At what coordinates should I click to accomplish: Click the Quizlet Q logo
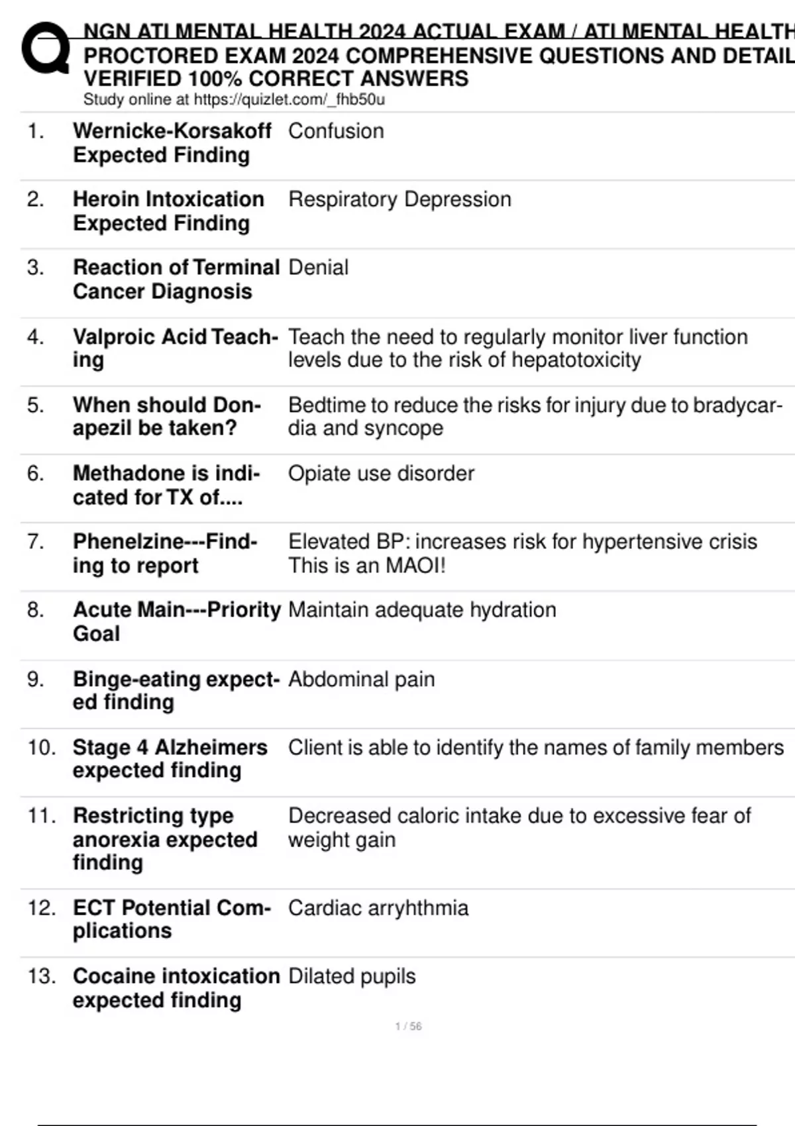pos(45,48)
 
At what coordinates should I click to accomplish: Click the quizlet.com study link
pos(289,100)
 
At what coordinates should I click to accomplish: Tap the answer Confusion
pos(336,131)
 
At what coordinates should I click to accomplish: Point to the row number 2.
pos(35,199)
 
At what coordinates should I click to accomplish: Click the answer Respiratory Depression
pos(399,199)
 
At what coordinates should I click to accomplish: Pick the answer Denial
pos(318,268)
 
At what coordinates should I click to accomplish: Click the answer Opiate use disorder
pos(381,474)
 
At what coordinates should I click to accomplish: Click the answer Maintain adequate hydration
pos(422,610)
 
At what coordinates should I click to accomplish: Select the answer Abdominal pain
pos(361,680)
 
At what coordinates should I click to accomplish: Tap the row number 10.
pos(41,748)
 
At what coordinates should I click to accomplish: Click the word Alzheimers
pos(211,748)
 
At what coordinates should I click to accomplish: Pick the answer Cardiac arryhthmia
pos(378,908)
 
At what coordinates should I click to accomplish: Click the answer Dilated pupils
pos(352,976)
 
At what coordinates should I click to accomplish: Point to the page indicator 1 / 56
pos(408,1027)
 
